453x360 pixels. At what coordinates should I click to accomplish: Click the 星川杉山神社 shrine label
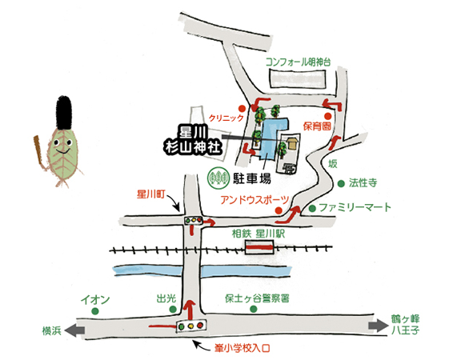point(194,141)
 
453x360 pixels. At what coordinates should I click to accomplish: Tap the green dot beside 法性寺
point(341,183)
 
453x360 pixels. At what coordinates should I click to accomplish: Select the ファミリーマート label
point(355,207)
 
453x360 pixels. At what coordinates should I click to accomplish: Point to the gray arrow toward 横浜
point(74,330)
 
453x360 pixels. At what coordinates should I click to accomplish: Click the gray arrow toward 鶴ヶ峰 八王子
point(379,326)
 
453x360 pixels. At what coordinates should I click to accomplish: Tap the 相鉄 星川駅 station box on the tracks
point(259,247)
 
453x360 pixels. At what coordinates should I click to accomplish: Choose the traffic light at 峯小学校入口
point(191,326)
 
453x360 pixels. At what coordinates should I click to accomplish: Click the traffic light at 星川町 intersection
point(194,220)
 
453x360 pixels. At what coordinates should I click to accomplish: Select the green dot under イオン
point(94,311)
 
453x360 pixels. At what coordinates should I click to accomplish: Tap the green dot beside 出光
point(173,310)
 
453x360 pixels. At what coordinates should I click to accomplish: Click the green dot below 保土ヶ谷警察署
point(254,309)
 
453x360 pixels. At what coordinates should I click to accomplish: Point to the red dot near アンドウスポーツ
point(279,210)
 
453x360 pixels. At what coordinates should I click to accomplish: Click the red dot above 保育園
point(327,116)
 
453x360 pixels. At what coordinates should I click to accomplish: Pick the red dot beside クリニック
point(242,109)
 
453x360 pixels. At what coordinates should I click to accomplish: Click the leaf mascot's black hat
point(64,113)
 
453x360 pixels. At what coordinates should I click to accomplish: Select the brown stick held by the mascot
point(39,152)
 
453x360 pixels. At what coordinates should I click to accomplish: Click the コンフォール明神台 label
point(299,62)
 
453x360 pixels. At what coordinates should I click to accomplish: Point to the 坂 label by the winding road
point(332,164)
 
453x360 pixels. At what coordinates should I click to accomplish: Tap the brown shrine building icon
point(291,143)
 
